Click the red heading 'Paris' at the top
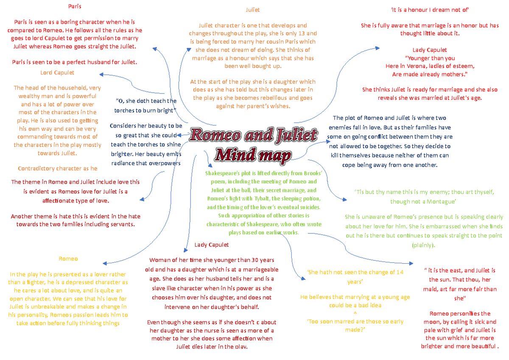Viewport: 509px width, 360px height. pos(75,6)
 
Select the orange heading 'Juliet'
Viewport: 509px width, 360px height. pos(253,9)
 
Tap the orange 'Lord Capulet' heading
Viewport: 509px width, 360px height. pos(57,73)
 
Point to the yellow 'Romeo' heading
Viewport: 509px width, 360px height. pos(68,259)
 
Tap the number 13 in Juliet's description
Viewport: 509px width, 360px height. pos(311,34)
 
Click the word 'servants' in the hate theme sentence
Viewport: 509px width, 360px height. pos(121,224)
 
